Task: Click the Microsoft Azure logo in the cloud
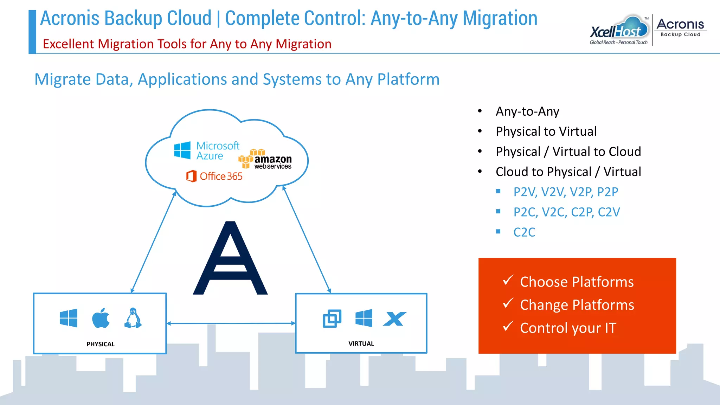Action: coord(207,150)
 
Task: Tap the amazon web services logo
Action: coord(265,160)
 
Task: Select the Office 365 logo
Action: coord(214,176)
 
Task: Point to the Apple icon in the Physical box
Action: coord(101,318)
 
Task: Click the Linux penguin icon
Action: coord(133,318)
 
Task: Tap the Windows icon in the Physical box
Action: coord(69,318)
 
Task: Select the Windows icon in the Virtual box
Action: coord(364,318)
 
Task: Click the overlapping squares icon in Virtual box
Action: coord(332,319)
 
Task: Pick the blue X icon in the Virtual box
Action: coord(394,319)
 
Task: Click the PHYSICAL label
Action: coord(101,344)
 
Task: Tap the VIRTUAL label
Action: coord(361,343)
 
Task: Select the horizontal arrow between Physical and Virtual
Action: coord(231,323)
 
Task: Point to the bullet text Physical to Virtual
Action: coord(546,131)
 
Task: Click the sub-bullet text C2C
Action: coord(524,232)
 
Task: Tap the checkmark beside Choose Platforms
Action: coord(508,280)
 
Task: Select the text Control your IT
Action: coord(568,328)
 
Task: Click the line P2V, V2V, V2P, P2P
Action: coord(565,192)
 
